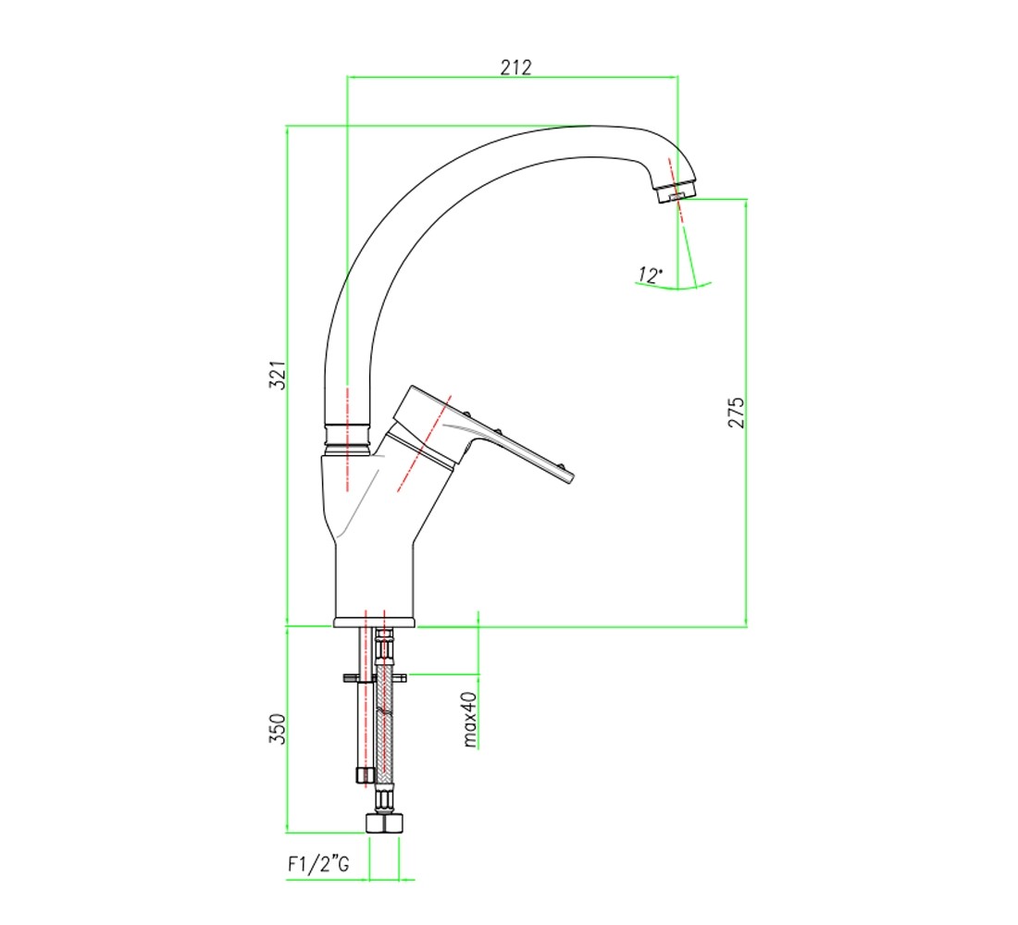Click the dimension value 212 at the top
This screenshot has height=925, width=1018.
[x=515, y=67]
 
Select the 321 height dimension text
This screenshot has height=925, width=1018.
[x=278, y=376]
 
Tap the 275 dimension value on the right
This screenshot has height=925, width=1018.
[x=737, y=413]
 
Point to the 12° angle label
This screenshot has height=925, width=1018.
[x=650, y=276]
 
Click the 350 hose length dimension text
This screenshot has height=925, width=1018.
[x=278, y=729]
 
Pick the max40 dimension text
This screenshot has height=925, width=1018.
[x=469, y=720]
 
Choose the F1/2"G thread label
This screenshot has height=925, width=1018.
[x=318, y=864]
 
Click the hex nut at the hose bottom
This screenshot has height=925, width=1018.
[x=384, y=822]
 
